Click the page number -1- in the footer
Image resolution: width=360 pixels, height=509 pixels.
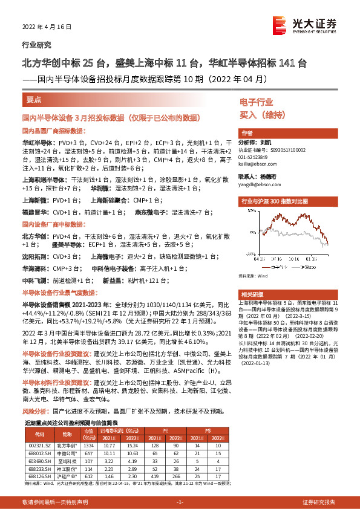(x=180, y=502)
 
